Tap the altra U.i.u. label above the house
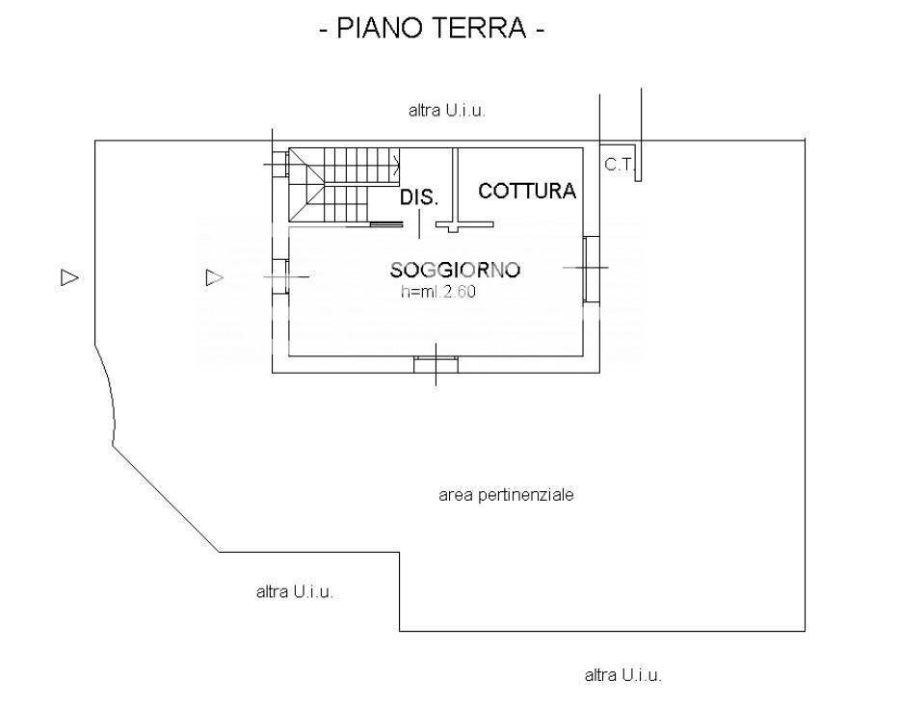447,111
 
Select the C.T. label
619,165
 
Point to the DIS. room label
419,198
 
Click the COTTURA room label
527,191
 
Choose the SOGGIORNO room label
455,270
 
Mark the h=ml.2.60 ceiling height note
438,293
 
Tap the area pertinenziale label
506,495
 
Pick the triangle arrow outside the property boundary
69,277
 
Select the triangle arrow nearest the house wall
214,277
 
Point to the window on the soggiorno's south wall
436,364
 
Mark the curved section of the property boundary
110,395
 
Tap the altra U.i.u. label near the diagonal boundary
295,592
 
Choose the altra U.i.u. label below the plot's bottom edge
623,675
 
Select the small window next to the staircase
278,165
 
